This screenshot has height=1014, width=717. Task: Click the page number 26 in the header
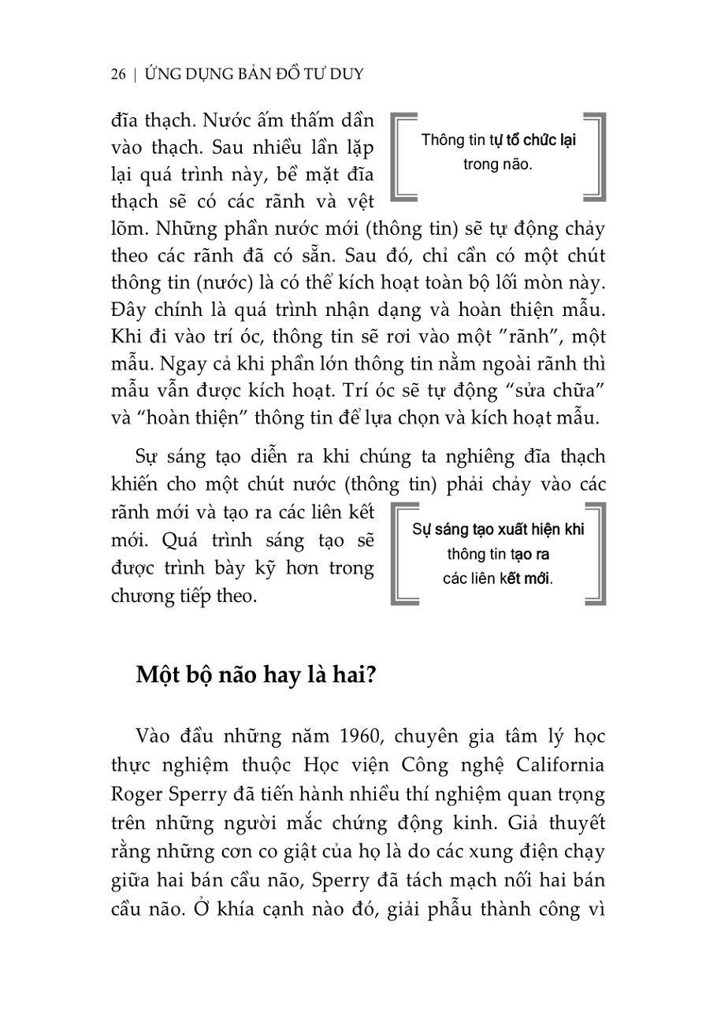tap(118, 74)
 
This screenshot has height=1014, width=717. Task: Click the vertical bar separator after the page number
tap(136, 74)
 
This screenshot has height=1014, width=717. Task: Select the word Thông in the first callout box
tap(442, 140)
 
